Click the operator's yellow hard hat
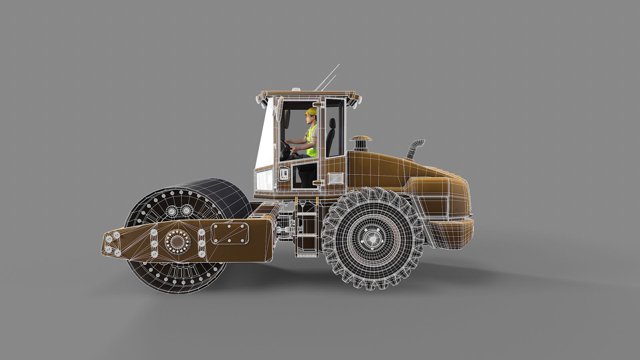311,111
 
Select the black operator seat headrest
332,123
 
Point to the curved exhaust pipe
415,148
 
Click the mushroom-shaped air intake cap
360,138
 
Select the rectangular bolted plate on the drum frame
230,233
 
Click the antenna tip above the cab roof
338,65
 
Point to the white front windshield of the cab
265,140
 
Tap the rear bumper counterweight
450,233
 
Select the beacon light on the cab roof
295,89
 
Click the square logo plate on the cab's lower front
284,174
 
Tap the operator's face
310,118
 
